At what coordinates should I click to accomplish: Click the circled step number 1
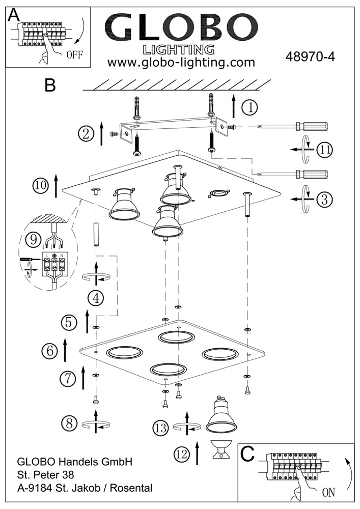pos(250,107)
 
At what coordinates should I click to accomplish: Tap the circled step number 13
pos(161,428)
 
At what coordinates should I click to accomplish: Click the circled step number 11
pos(324,149)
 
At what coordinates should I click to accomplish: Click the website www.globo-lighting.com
pos(181,63)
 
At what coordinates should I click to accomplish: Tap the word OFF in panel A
pos(74,55)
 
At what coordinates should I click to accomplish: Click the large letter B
pos(49,85)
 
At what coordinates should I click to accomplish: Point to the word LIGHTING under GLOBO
pos(178,49)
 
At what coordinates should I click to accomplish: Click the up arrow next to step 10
pos(56,186)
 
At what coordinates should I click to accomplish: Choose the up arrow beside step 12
pos(197,453)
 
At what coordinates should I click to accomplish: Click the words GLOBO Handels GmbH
pos(75,462)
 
